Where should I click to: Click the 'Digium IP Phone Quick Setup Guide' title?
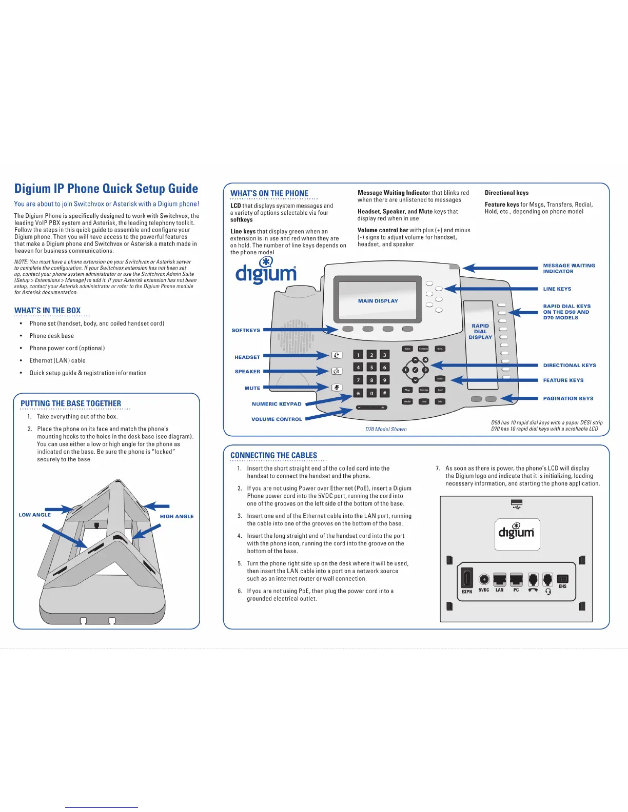pos(106,189)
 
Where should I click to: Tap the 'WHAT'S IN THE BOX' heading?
pos(48,311)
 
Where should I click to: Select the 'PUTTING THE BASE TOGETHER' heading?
pos(71,403)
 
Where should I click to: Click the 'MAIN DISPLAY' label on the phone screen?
pos(378,301)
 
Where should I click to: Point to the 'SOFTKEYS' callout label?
pos(246,331)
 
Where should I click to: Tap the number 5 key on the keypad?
pos(371,368)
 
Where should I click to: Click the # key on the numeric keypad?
pos(384,393)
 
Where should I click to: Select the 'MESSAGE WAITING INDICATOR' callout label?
pos(569,269)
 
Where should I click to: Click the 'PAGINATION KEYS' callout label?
pos(568,398)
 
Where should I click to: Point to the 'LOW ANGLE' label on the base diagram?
pos(35,515)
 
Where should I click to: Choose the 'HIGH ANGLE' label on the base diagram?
pos(176,516)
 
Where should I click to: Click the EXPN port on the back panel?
pos(467,579)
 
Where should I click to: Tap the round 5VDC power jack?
pos(484,579)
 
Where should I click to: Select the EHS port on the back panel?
pos(562,579)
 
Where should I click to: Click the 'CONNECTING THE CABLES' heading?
pos(273,455)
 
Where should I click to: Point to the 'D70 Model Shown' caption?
pos(386,430)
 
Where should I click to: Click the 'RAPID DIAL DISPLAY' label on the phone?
pos(480,332)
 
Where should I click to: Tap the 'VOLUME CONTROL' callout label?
pos(277,419)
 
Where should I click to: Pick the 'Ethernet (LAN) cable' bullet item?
pos(57,361)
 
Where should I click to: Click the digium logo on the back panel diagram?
pos(517,533)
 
